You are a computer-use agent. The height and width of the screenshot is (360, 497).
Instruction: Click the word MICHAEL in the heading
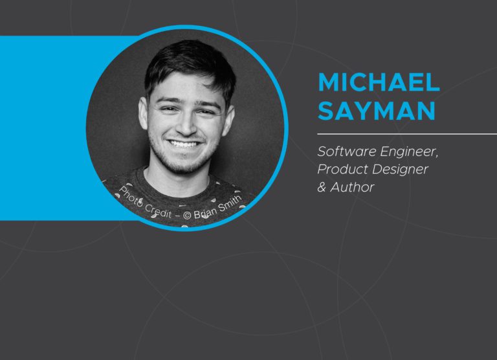(379, 82)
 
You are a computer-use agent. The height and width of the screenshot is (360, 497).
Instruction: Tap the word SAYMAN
(377, 111)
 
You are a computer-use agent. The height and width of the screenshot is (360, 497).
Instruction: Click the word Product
(338, 169)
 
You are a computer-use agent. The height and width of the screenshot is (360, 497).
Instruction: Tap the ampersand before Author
(322, 187)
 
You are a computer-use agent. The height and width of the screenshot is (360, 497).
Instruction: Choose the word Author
(352, 187)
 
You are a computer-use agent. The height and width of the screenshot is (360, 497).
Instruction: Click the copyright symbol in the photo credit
(187, 216)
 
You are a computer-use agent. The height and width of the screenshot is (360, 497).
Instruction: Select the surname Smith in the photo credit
(230, 203)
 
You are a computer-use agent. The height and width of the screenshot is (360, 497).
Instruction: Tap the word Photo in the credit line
(130, 197)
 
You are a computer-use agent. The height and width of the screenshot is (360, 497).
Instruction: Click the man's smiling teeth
(184, 144)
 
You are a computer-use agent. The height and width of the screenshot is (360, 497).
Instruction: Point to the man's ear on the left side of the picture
(143, 113)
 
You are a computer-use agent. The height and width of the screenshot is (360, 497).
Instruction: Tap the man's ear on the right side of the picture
(229, 120)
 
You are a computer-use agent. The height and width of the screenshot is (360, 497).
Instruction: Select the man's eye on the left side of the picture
(168, 109)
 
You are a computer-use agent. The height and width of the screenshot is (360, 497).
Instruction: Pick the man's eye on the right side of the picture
(205, 112)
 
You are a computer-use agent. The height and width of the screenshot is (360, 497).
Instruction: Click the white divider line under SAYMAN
(407, 134)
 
